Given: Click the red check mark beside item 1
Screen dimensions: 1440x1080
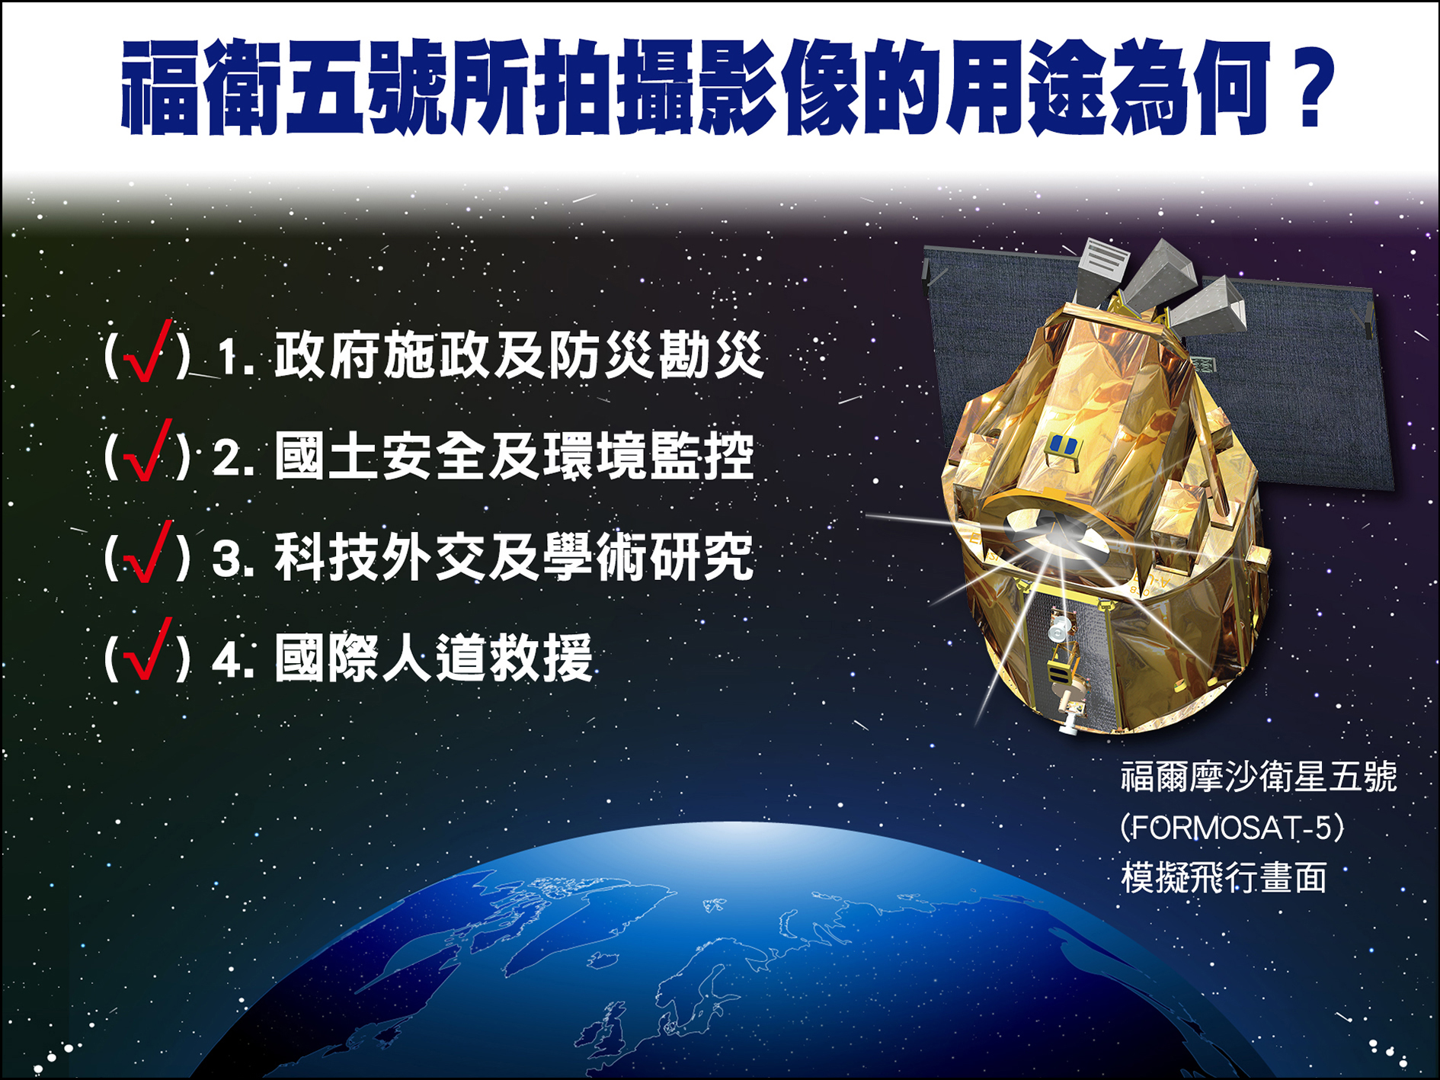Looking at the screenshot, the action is tap(148, 351).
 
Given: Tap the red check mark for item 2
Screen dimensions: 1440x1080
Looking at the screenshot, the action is tap(148, 451).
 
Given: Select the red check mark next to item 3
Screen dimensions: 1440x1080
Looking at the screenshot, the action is tap(148, 552).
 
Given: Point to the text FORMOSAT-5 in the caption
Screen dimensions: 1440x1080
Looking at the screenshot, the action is tap(1232, 828).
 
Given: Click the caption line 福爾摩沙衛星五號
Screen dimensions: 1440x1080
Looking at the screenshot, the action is tap(1259, 777).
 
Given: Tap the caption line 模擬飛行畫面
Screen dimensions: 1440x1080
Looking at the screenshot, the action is tap(1224, 877).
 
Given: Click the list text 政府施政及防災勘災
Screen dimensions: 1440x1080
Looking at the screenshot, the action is tap(519, 355).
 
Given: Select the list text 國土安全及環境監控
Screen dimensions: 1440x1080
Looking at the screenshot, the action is tap(515, 456).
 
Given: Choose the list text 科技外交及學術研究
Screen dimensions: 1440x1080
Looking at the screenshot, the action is tap(515, 556).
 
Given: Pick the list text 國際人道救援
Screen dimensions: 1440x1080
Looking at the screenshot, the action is tap(434, 657).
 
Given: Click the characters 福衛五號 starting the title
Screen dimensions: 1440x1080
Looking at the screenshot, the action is tap(283, 88).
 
